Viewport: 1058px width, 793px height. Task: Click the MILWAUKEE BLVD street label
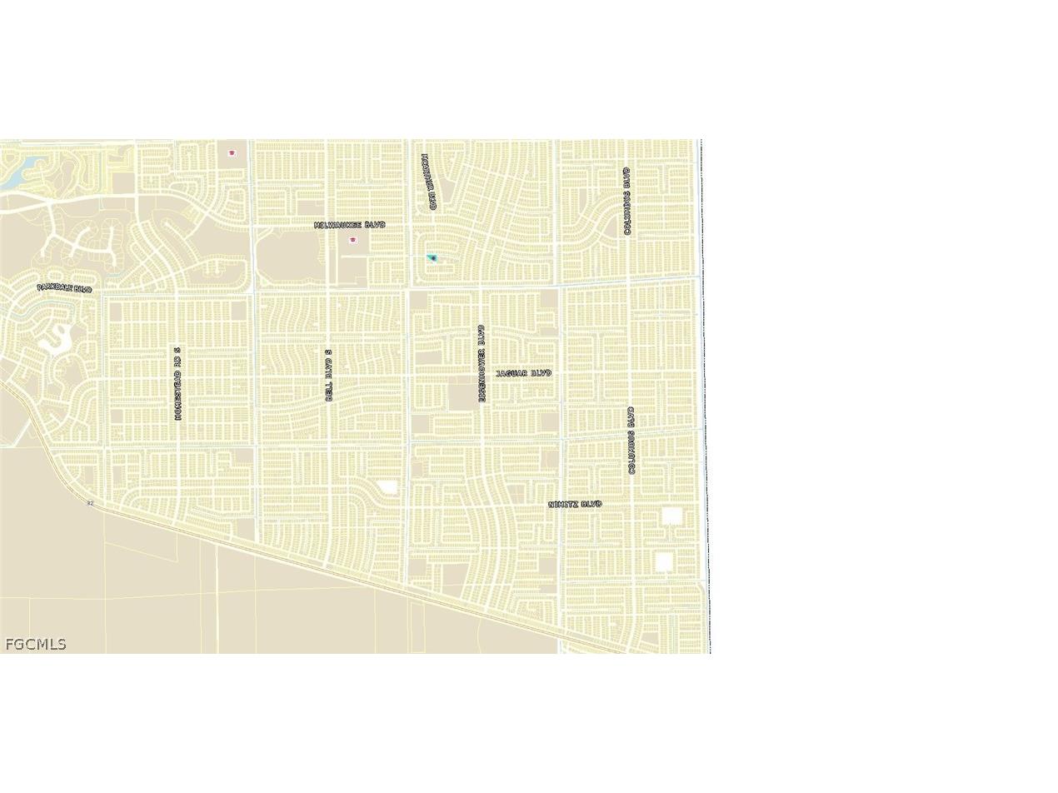350,225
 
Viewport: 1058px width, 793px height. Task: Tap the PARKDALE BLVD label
64,288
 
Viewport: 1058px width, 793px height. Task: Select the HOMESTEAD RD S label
177,383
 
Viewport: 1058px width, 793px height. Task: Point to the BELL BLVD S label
329,376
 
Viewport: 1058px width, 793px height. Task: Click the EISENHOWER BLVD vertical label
482,363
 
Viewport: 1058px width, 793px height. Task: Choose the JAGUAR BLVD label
523,373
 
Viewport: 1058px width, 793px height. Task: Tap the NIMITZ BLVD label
575,505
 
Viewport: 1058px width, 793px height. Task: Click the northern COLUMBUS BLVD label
627,201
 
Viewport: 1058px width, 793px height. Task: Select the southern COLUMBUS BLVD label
631,441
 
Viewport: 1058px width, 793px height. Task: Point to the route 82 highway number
90,503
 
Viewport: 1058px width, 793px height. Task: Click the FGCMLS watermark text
35,644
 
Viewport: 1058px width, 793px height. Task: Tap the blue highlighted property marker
432,258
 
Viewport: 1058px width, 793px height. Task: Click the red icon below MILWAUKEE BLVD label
353,240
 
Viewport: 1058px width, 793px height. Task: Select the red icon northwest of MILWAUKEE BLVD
232,153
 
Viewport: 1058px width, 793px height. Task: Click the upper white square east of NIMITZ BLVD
671,516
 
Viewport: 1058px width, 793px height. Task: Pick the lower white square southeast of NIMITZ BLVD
663,562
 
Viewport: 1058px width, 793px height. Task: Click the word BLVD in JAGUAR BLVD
540,373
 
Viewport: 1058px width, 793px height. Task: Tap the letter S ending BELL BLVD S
329,353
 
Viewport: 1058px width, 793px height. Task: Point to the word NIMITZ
563,505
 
